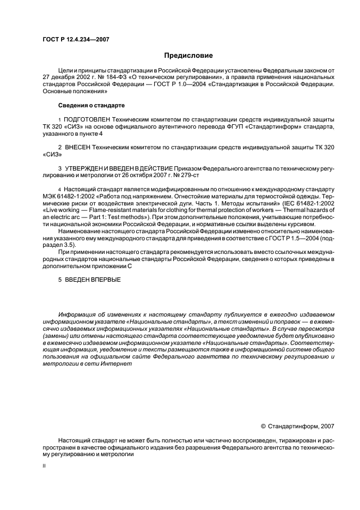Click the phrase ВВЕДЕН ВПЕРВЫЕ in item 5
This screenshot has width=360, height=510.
click(93, 280)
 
